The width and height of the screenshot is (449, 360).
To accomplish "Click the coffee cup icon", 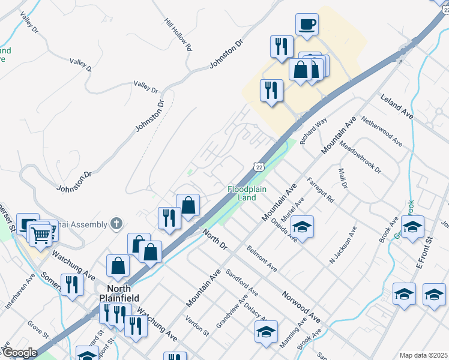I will (x=307, y=25).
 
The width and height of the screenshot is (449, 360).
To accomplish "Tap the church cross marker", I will (x=117, y=224).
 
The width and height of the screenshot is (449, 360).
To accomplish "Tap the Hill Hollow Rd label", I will (x=178, y=33).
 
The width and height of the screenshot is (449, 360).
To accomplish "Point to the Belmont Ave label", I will (x=262, y=258).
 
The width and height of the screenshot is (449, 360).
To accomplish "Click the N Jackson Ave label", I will (x=343, y=245).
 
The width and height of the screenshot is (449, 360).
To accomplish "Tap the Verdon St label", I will (x=197, y=325).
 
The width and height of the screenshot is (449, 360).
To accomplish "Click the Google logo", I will (x=19, y=353).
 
